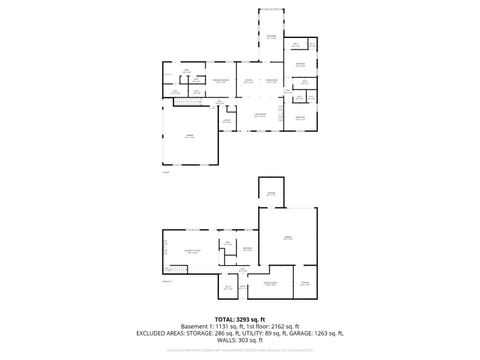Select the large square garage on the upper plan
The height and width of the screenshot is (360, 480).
(x=189, y=136)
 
